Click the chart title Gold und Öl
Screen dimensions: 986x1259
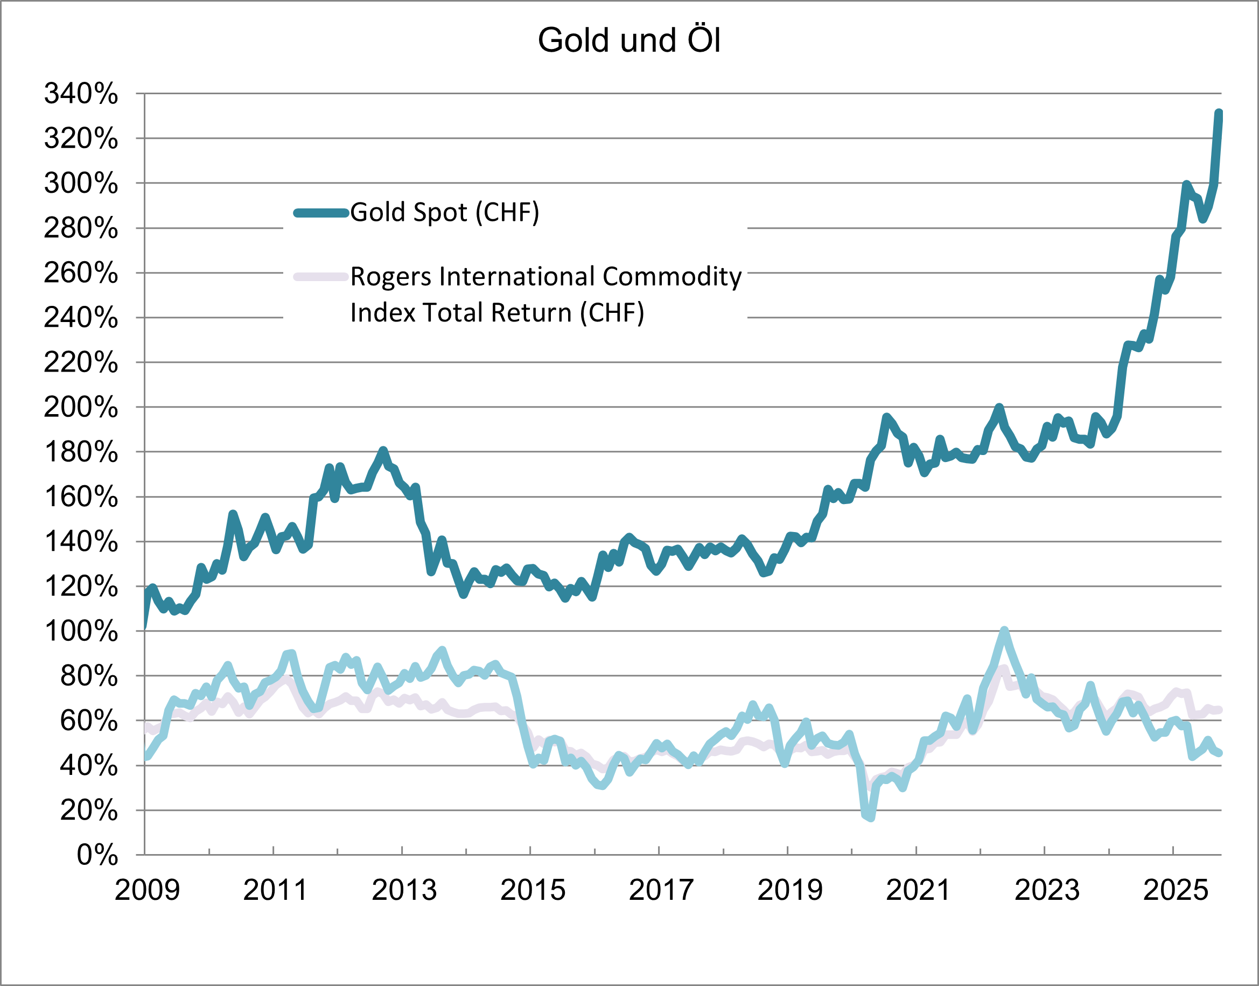coord(628,40)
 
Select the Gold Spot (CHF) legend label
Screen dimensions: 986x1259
coord(444,213)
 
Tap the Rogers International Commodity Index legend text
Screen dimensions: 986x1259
coord(545,295)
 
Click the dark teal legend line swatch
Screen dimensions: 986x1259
coord(321,213)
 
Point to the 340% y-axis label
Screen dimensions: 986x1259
coord(81,94)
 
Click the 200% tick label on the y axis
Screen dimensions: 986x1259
coord(81,408)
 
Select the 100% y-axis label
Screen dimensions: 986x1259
coord(81,632)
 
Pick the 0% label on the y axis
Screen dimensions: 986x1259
coord(97,855)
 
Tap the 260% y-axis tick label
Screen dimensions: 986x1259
coord(81,273)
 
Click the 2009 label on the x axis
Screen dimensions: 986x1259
coord(147,890)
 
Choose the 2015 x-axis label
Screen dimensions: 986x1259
coord(532,890)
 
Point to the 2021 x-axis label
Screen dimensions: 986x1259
coord(918,890)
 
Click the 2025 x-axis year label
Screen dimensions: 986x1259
coord(1176,890)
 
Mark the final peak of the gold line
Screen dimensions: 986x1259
coord(1219,114)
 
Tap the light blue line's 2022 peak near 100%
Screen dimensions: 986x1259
coord(1004,631)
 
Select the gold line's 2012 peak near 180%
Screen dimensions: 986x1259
coord(383,451)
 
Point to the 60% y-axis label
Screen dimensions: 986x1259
coord(89,721)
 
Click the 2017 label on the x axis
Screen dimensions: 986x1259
coord(661,890)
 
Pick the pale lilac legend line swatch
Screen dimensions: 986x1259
coord(321,276)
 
